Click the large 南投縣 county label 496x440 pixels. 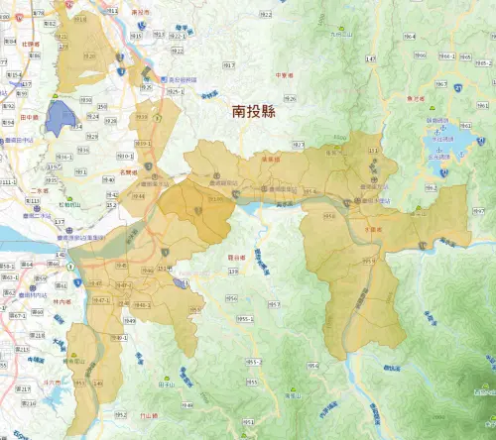click(253, 113)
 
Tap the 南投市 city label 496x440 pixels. click(140, 13)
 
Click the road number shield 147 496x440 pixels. click(371, 59)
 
